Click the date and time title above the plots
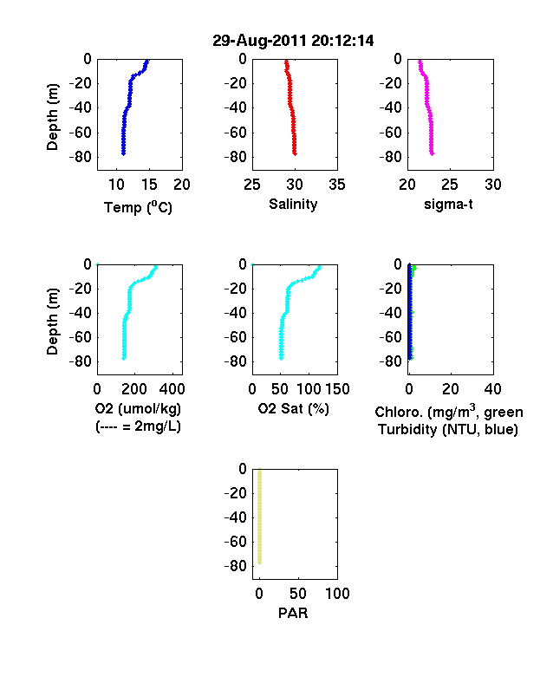point(293,41)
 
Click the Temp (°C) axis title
point(138,207)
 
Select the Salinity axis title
point(293,205)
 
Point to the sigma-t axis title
point(448,205)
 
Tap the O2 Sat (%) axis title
point(293,408)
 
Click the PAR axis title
point(293,613)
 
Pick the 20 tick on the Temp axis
point(182,185)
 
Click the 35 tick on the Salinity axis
point(337,185)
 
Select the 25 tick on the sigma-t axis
point(450,185)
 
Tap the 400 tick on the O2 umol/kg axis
point(172,389)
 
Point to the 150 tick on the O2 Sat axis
point(337,389)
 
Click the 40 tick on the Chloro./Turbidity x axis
point(492,389)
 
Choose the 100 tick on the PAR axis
point(337,593)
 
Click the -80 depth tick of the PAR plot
point(235,566)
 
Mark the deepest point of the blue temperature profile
point(124,153)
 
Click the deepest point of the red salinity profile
point(295,153)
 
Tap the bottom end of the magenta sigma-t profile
point(432,153)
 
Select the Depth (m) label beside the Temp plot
point(52,117)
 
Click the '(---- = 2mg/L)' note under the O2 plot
point(138,426)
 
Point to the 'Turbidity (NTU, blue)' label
point(448,430)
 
